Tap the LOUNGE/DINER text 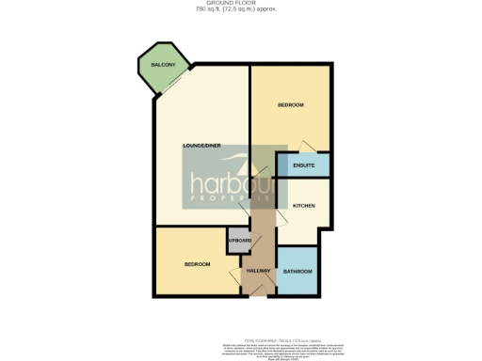(x=202, y=146)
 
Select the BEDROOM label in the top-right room (x=291, y=105)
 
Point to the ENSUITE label (x=304, y=165)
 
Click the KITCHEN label (x=303, y=204)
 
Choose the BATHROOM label (x=297, y=271)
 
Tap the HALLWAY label (x=258, y=271)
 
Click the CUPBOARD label (x=239, y=241)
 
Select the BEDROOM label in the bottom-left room (x=197, y=264)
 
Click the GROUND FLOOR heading (x=240, y=4)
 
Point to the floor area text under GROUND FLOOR (x=240, y=10)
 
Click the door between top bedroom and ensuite (x=302, y=148)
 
